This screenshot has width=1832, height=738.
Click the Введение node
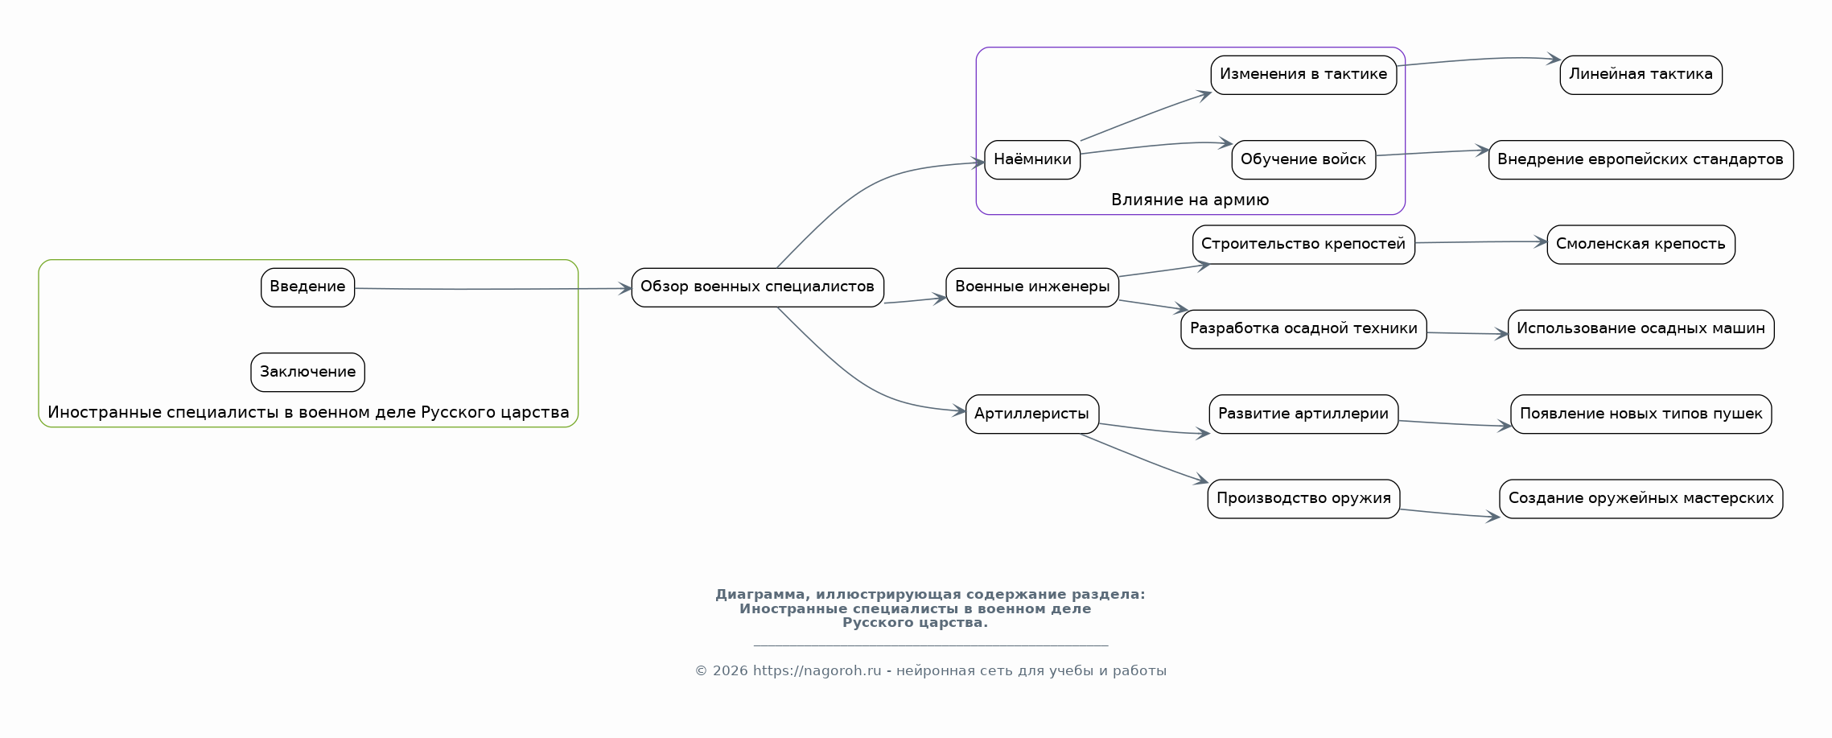tap(307, 287)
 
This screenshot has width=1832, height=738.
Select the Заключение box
tap(307, 372)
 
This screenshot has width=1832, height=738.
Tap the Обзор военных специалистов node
tap(757, 287)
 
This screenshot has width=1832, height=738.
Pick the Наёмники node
tap(1032, 159)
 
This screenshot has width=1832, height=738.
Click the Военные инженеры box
tap(1032, 287)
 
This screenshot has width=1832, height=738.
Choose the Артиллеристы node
tap(1032, 414)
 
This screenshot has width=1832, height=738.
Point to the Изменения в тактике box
tap(1303, 75)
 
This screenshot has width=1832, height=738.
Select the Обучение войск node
tap(1303, 159)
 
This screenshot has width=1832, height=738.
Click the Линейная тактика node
tap(1641, 75)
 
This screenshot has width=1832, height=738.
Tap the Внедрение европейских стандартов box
tap(1641, 159)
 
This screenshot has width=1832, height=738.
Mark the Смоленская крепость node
tap(1641, 245)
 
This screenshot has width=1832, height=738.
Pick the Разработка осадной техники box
tap(1303, 329)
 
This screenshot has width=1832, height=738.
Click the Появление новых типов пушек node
tap(1641, 414)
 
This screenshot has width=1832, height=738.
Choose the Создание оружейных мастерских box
tap(1641, 499)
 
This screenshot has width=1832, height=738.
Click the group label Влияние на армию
tap(1190, 200)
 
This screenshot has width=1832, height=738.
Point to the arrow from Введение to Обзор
tap(493, 289)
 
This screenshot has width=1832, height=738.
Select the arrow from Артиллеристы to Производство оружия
tap(1144, 459)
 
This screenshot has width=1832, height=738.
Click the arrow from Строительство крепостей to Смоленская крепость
tap(1481, 242)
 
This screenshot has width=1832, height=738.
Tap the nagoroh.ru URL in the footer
tap(817, 671)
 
